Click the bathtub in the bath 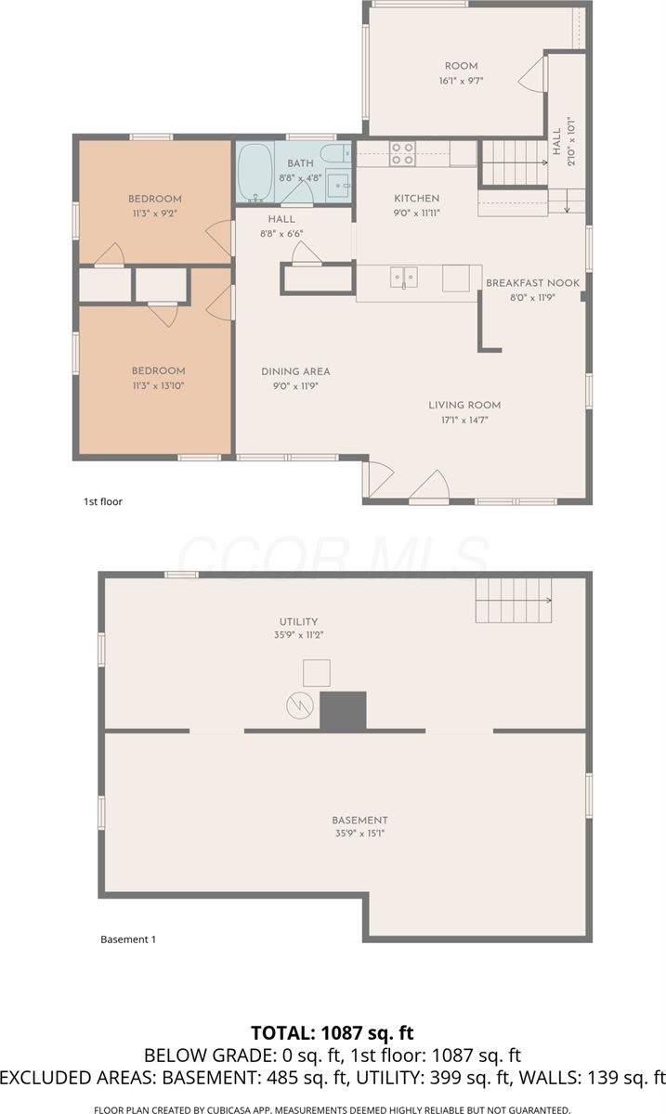tap(255, 173)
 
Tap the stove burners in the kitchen tap(402, 154)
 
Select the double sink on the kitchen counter tap(404, 278)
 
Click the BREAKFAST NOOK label tap(532, 283)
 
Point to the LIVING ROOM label tap(464, 406)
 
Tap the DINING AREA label tap(295, 371)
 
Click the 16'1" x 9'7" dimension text tap(462, 81)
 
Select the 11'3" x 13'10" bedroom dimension tap(158, 386)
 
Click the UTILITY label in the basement tap(299, 622)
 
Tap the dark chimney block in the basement tap(343, 711)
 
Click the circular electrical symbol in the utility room tap(300, 706)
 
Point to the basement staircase tap(514, 601)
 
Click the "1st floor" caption tap(103, 502)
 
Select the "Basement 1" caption tap(128, 939)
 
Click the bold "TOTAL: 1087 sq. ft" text tap(333, 1033)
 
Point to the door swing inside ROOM tap(530, 73)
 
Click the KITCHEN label tap(417, 199)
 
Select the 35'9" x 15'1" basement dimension tap(359, 833)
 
